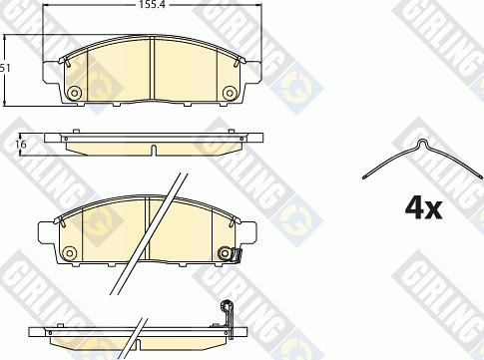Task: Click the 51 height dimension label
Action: (5, 69)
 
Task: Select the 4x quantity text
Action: (423, 208)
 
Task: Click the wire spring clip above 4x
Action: (422, 159)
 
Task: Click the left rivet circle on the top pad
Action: (75, 93)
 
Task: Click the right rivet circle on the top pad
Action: (230, 93)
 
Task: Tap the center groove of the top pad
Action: (153, 68)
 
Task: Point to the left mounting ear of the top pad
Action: (52, 73)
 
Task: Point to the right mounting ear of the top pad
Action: (253, 72)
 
